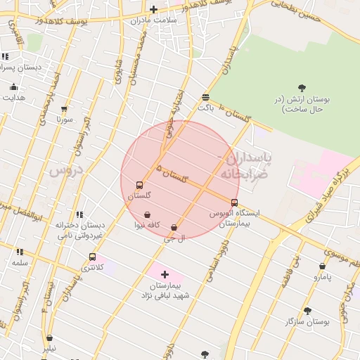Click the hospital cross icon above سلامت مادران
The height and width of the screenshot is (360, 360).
point(154,9)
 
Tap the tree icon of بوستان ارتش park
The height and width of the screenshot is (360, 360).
point(302,88)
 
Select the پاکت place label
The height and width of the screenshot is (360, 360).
point(205,108)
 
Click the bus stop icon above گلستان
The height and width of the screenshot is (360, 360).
point(139,186)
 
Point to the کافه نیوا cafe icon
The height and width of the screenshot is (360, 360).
point(147,214)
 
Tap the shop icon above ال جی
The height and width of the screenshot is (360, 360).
point(174,228)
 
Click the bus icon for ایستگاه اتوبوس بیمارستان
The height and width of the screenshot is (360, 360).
point(234,202)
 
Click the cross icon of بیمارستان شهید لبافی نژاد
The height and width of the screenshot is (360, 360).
point(165,275)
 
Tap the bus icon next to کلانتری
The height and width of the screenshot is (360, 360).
point(92,257)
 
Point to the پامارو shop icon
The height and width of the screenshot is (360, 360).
point(322,266)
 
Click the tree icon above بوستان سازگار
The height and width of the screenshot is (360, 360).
point(307,310)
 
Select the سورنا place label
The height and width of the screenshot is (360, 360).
point(65,120)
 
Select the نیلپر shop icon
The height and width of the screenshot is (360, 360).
point(49,338)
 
